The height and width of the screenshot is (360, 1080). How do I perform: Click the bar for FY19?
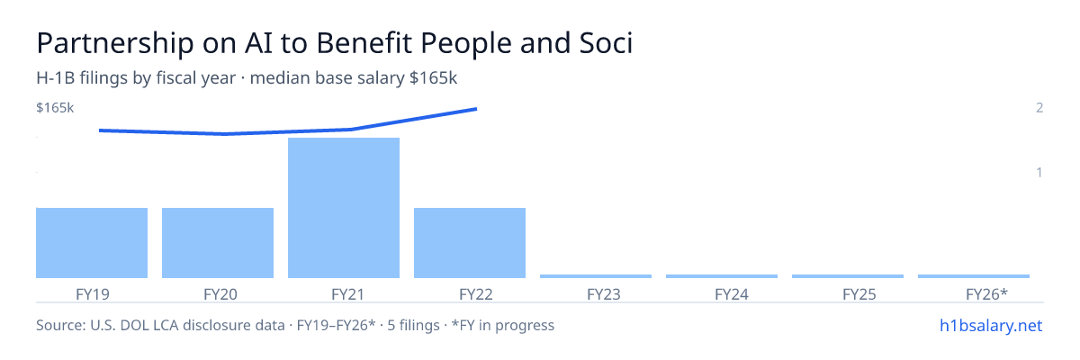92,243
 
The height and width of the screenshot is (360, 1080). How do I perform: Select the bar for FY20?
218,243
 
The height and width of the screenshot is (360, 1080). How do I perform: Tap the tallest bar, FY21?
344,208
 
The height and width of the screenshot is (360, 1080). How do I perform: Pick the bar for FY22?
470,243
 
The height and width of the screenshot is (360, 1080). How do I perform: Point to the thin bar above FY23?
596,276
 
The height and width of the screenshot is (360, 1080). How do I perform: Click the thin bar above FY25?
848,276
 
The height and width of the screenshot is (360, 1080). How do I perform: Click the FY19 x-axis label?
93,294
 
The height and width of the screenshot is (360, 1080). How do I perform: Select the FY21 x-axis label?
347,294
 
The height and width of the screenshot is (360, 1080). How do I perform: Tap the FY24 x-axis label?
732,294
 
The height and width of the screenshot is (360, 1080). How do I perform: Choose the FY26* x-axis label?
986,294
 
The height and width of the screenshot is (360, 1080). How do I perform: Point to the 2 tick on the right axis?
1039,107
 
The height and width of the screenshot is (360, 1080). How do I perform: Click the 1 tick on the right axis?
1039,173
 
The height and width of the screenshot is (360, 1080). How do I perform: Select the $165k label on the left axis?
55,107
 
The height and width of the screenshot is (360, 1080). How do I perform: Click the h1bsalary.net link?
991,326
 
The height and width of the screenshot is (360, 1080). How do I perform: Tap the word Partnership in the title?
115,43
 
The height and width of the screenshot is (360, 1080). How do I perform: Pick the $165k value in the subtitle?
433,78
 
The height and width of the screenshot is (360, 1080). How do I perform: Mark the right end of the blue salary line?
476,109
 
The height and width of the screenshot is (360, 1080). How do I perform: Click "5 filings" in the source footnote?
413,326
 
